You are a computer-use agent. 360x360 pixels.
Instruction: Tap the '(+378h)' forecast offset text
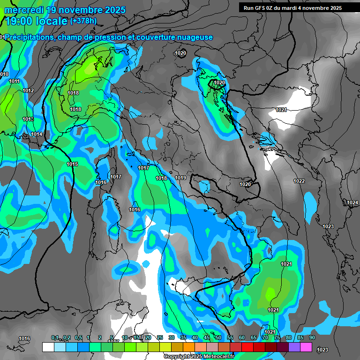tap(83, 21)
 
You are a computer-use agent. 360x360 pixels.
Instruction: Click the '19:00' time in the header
tap(19, 21)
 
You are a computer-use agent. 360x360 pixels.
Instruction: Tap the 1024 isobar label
tap(352, 202)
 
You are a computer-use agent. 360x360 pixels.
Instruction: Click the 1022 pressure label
tap(299, 181)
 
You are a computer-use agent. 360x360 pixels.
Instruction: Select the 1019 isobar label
tap(180, 178)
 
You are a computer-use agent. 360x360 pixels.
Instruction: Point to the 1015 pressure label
tap(72, 164)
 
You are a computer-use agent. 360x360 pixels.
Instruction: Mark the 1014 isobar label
tap(37, 135)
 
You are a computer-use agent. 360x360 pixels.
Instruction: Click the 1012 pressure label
tap(28, 90)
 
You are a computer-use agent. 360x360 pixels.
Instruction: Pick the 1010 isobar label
tap(4, 74)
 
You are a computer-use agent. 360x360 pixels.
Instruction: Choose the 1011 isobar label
tap(14, 81)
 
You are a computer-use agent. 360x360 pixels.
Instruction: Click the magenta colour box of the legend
tap(306, 347)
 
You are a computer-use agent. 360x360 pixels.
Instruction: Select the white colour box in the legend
tap(48, 347)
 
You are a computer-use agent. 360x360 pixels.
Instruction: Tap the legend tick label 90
tap(312, 337)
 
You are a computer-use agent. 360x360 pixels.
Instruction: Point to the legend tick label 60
tap(241, 337)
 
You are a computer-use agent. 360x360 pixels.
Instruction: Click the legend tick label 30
tap(171, 337)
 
